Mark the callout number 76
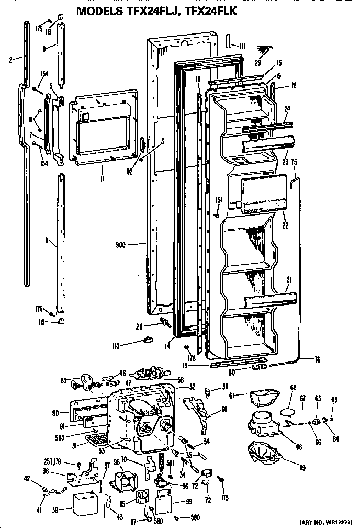[x=318, y=359]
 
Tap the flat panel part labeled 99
[x=167, y=503]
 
